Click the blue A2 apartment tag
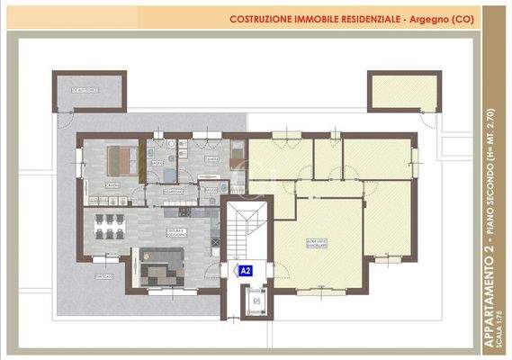(244, 269)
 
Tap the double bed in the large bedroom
(121, 162)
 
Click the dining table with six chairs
(109, 227)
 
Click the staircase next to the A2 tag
(245, 233)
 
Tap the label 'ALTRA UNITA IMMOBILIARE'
(316, 244)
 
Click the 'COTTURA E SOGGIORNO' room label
(175, 232)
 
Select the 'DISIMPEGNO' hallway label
(174, 191)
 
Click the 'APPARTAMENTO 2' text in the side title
(490, 297)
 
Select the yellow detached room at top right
(401, 91)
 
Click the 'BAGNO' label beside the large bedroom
(157, 163)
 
